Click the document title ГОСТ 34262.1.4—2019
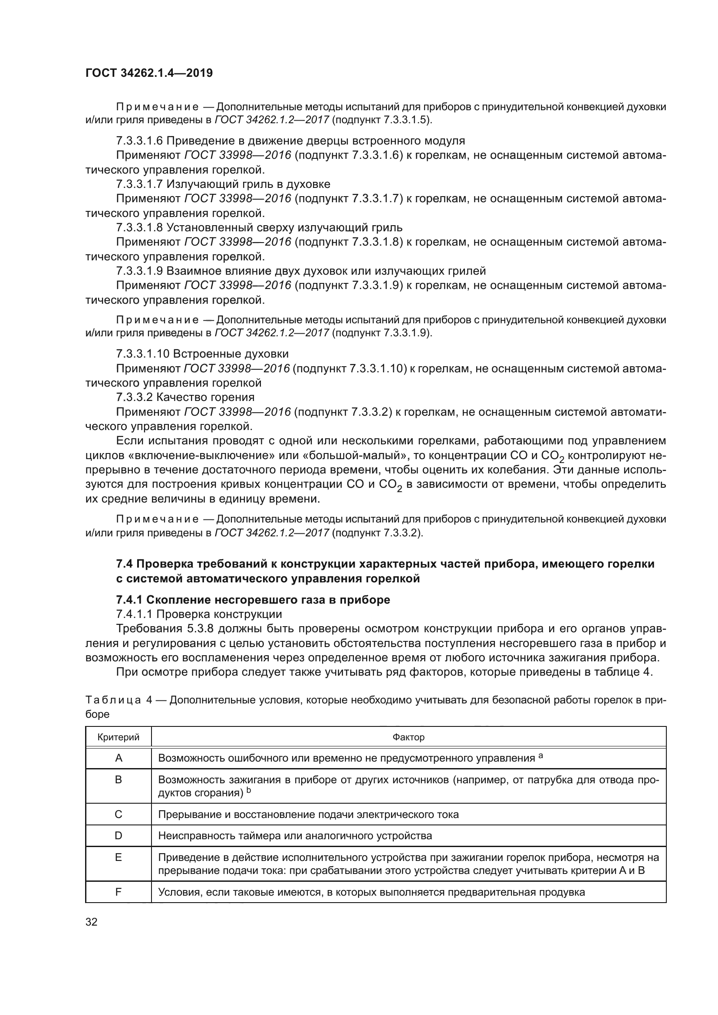pos(149,73)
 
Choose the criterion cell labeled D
pos(118,835)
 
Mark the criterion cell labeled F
pos(118,892)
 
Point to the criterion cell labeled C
pos(118,814)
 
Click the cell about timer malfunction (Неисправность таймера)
pos(295,835)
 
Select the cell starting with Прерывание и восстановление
pos(308,814)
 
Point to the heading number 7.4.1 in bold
pos(129,600)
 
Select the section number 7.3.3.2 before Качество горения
pos(134,397)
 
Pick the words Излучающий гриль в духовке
pos(248,184)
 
